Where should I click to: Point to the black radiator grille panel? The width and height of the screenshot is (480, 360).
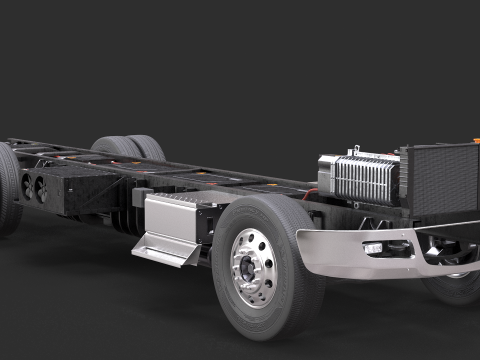pos(440,180)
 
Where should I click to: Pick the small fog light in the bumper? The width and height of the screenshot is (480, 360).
pos(373,248)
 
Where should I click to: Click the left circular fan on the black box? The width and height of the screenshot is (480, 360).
pos(27,187)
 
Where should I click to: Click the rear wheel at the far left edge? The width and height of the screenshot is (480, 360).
pos(8,190)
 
